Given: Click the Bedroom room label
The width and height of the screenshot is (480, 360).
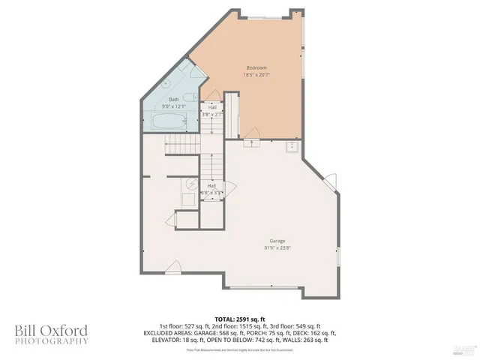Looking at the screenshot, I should pos(256,67).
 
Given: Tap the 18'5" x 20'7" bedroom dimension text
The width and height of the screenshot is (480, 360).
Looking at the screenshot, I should pos(256,75).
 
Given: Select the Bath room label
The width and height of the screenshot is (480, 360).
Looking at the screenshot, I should pos(174,99).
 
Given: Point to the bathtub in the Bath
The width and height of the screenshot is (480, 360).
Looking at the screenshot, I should pos(169,121).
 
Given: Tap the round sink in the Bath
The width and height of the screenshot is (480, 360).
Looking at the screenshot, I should pos(167,82).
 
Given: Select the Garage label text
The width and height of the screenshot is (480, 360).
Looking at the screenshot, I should pos(256,241).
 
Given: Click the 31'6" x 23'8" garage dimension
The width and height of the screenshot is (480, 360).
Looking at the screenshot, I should pos(256,248).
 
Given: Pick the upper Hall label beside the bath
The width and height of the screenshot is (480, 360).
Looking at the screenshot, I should pos(213,108).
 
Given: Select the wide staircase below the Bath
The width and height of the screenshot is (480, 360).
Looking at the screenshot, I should pos(179,143).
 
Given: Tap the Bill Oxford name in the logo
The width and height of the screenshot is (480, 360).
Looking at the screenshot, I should pos(51,330).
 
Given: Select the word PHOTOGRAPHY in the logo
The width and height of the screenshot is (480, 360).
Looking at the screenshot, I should pos(51,341).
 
